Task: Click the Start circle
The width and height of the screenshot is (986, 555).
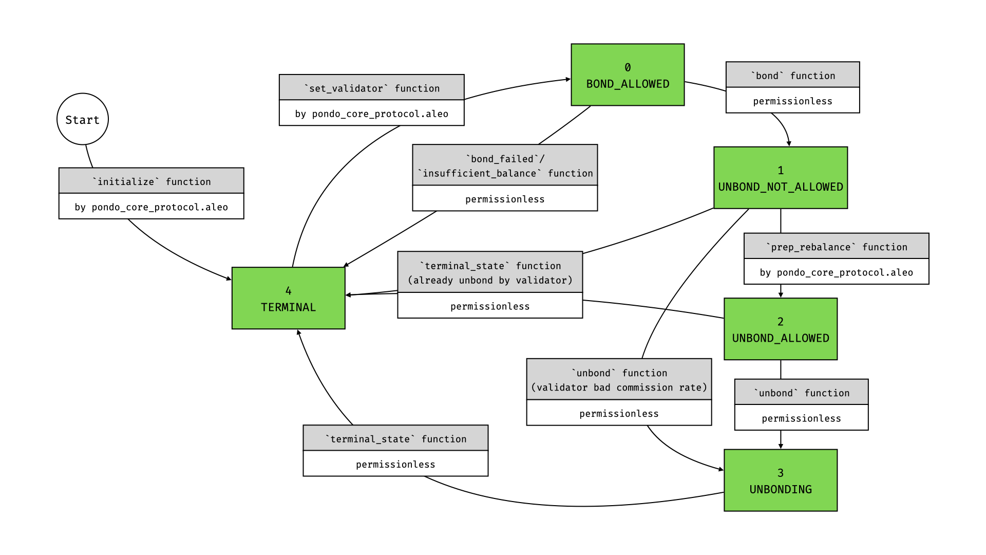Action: click(82, 119)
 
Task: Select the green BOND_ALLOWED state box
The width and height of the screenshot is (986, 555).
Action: click(628, 75)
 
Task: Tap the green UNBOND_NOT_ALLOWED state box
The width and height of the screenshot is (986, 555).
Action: click(780, 178)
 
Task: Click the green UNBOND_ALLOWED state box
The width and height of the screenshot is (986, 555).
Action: click(780, 329)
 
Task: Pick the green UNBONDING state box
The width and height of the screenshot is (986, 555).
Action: click(780, 480)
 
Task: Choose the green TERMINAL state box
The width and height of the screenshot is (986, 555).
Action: click(288, 298)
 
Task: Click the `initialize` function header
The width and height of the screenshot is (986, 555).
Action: click(151, 181)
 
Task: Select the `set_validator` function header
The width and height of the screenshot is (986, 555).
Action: click(371, 87)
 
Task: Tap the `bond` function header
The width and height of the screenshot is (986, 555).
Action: click(792, 75)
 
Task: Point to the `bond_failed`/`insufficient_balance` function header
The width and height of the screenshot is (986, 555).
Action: click(505, 165)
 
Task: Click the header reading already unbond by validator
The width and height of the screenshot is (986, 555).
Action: click(489, 272)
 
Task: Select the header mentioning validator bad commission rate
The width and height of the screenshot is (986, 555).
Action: click(619, 380)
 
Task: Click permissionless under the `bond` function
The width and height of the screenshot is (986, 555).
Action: click(792, 101)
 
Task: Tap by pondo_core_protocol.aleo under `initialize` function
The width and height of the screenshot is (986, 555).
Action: click(151, 207)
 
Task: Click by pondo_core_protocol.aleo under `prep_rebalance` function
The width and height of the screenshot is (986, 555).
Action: click(836, 272)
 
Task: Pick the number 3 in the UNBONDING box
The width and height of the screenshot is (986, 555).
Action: click(780, 472)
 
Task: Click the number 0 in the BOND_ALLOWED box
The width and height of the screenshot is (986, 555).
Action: click(628, 67)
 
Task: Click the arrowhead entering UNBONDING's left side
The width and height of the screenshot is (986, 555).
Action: click(721, 469)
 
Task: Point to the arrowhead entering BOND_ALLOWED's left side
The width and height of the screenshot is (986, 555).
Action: click(568, 79)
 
